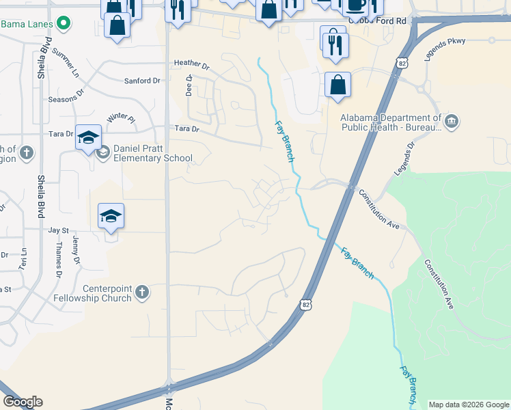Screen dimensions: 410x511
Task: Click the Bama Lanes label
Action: [x=27, y=24]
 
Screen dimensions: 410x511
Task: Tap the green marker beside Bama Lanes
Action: [x=64, y=24]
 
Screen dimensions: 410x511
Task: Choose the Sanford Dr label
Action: [x=142, y=81]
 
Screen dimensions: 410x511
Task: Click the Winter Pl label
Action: [x=121, y=118]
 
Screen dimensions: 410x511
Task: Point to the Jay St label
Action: [x=59, y=231]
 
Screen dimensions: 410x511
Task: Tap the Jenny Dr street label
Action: [x=76, y=251]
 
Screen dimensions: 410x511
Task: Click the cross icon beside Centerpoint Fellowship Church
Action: [x=141, y=292]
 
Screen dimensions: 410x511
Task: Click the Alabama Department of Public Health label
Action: [x=391, y=122]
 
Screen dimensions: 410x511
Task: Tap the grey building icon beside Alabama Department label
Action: [x=451, y=122]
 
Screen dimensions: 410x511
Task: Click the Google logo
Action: [x=23, y=402]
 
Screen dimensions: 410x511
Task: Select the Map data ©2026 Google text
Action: [x=469, y=405]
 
